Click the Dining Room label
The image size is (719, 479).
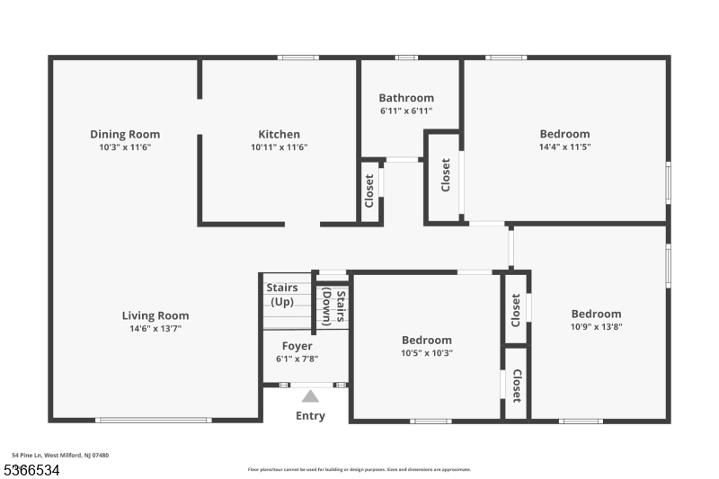125,135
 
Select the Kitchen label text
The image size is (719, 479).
279,135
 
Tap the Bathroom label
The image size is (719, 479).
406,98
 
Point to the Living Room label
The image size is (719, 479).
155,315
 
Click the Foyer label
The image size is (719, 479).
297,346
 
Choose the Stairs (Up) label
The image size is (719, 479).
282,294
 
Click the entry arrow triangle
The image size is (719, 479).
310,395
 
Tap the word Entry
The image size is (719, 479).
310,416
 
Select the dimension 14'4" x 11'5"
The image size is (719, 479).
564,146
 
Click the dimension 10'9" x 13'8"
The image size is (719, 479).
596,327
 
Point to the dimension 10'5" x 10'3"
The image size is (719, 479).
426,353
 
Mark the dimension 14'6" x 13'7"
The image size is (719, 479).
155,328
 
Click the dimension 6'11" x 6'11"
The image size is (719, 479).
406,111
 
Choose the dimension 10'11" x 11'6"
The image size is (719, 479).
279,147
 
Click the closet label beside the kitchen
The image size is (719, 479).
369,191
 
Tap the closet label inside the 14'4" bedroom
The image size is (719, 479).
445,175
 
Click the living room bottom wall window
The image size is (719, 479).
154,420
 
